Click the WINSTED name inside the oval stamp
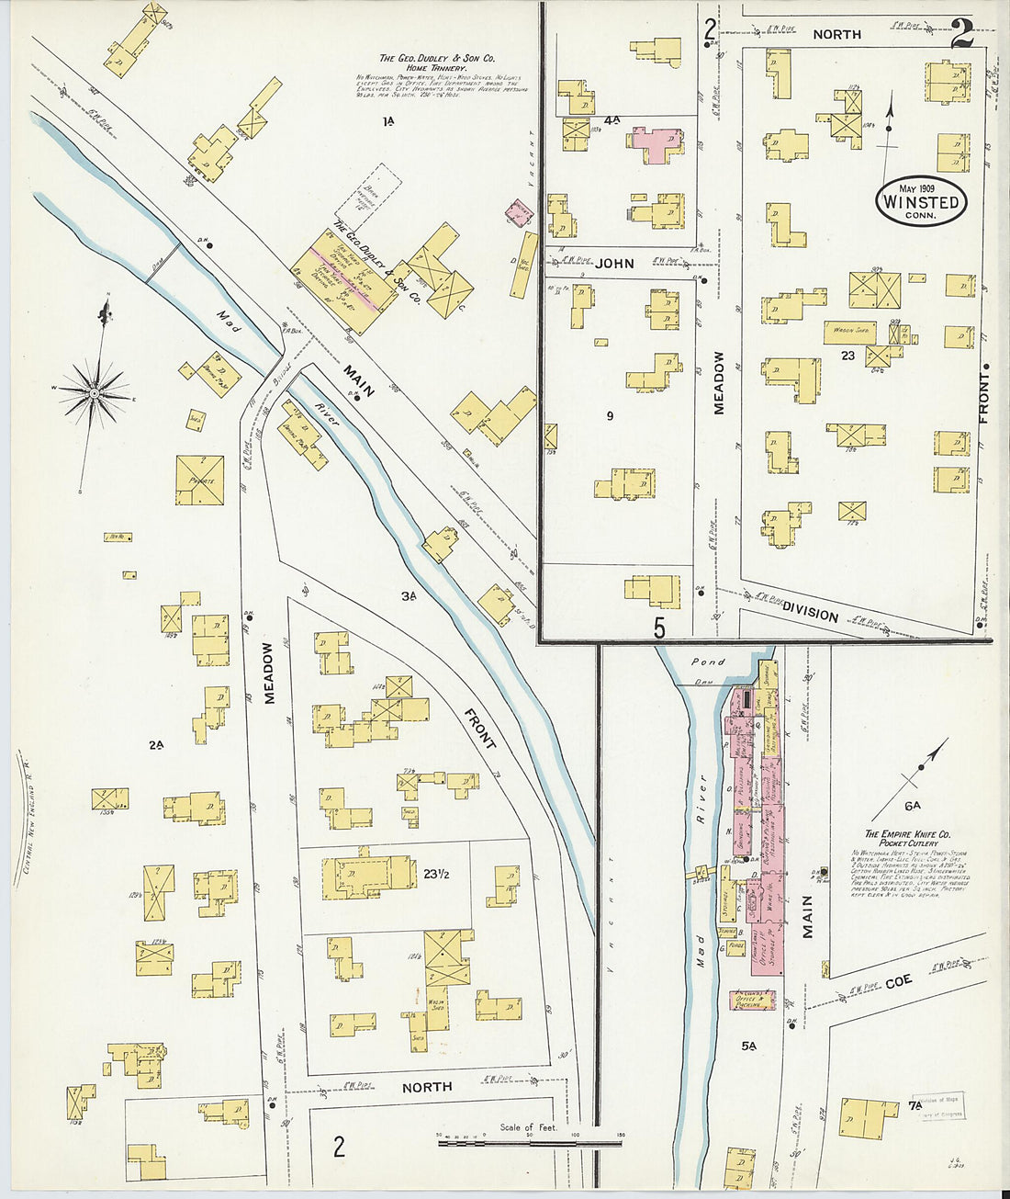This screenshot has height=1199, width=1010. point(921,202)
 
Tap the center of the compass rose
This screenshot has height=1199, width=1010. point(94,393)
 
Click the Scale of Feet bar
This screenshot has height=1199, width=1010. point(530,1144)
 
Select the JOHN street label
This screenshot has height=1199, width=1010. point(614,264)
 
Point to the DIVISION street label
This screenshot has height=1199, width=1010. point(811,614)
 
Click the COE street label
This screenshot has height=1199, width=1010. point(899,981)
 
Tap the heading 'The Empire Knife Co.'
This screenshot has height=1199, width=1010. point(905,834)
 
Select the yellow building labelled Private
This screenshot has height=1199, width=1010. point(200,481)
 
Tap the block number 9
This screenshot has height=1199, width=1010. point(610,416)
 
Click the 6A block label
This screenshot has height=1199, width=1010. point(912,806)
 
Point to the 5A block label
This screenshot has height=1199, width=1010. point(748,1046)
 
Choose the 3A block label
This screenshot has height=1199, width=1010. point(409,596)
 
